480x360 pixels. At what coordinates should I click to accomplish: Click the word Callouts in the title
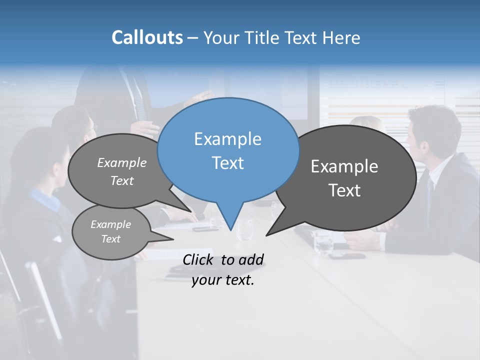(x=147, y=37)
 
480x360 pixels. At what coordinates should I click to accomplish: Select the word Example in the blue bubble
(x=227, y=139)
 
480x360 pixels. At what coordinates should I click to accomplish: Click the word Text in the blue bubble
(x=227, y=163)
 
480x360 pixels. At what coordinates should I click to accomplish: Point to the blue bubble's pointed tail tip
(x=230, y=230)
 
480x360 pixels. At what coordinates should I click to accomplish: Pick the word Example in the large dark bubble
(x=344, y=166)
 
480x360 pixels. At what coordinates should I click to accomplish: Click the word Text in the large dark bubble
(x=344, y=190)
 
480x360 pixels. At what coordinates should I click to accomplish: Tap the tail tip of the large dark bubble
(x=266, y=235)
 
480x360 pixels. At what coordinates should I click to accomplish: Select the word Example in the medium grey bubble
(x=122, y=163)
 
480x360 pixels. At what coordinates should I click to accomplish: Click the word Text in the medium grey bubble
(x=122, y=181)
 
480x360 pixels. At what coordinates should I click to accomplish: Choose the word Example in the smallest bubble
(x=110, y=224)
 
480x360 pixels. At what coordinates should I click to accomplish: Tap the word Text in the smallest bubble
(x=110, y=239)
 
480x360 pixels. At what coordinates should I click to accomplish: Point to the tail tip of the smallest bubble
(x=173, y=239)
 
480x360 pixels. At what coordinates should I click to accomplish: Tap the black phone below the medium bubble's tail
(x=205, y=229)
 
